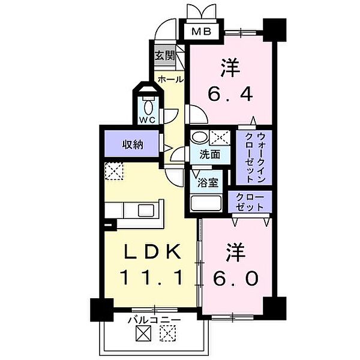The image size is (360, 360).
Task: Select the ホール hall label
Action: click(170, 78)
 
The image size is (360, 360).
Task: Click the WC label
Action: click(148, 119)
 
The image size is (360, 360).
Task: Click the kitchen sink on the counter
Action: click(146, 210)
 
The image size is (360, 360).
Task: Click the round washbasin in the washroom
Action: click(197, 138)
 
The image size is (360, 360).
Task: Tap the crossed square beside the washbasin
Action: click(219, 138)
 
